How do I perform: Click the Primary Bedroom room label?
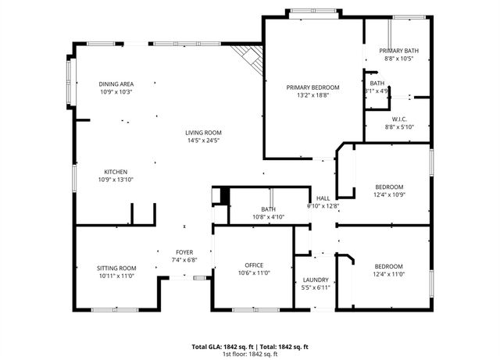312,87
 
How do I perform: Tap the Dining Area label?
116,84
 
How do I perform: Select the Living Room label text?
203,133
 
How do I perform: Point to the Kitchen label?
116,172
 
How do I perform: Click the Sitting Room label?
116,268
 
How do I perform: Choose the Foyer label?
184,252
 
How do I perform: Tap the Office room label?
253,266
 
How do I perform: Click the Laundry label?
316,280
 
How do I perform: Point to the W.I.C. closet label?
400,119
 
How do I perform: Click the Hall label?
322,198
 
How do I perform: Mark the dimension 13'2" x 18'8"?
312,95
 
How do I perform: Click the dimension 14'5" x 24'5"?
203,141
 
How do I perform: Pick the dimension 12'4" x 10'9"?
389,194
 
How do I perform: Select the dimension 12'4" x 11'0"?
389,273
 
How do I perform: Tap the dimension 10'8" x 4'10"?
268,217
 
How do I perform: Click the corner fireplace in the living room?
250,57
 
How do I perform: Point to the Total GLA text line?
250,346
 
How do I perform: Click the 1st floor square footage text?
250,354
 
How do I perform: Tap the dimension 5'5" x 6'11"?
316,288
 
